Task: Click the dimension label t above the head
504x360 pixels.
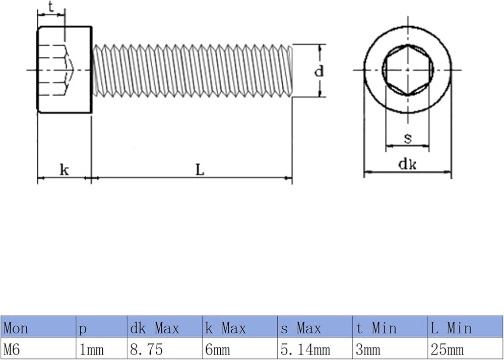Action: click(51, 7)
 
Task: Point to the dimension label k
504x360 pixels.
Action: click(65, 169)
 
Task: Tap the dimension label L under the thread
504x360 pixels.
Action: click(200, 170)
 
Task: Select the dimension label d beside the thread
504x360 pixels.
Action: click(319, 71)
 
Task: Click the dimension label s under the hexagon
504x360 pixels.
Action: click(408, 138)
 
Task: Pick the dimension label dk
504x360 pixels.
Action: click(408, 164)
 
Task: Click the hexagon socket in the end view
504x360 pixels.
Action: click(408, 70)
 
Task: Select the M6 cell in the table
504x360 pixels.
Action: click(38, 348)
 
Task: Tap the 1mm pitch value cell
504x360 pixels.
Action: click(102, 348)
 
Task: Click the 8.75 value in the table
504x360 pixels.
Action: click(165, 348)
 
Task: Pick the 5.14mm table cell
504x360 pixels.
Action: click(315, 348)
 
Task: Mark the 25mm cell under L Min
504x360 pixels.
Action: click(465, 348)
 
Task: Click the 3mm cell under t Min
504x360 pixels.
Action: click(390, 348)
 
